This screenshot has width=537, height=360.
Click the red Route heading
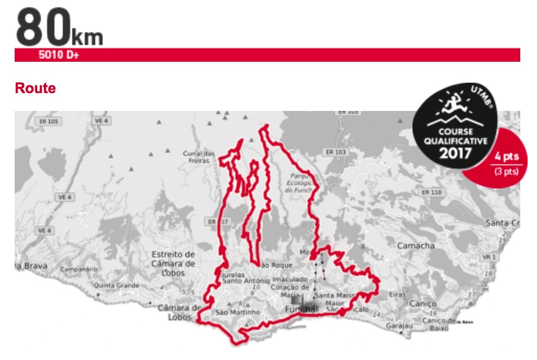coord(36,88)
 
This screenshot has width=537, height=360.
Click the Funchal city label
coord(301,310)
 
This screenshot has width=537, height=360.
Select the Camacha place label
coord(416,245)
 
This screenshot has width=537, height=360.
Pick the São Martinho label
coord(238,312)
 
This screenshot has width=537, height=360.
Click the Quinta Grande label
coord(116,286)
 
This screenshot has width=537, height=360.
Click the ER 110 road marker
coord(432,193)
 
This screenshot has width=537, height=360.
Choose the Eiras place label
coord(397,295)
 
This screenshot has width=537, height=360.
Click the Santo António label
coord(241,280)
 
